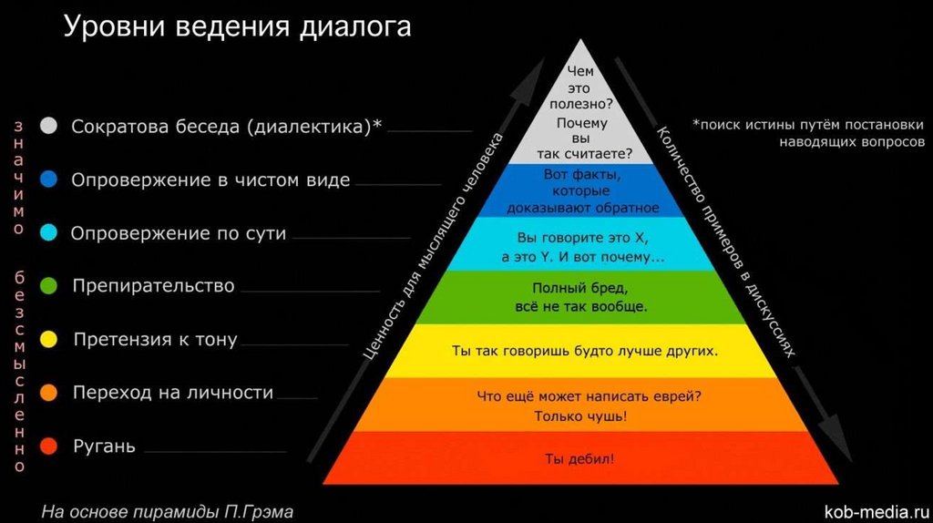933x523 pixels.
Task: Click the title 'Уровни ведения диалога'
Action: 237,27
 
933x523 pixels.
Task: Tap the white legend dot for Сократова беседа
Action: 49,127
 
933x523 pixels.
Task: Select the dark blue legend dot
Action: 49,180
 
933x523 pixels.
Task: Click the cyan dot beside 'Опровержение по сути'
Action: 49,233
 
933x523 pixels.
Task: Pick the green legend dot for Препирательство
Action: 49,286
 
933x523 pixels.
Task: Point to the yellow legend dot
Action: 49,340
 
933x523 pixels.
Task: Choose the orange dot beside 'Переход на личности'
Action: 49,393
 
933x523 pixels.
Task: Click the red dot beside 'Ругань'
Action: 49,446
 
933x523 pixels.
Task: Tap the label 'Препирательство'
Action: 153,286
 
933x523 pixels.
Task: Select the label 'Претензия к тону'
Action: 155,340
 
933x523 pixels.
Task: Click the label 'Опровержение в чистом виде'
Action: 210,180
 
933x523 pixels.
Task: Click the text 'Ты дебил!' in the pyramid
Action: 579,458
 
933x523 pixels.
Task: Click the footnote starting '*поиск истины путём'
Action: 808,125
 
